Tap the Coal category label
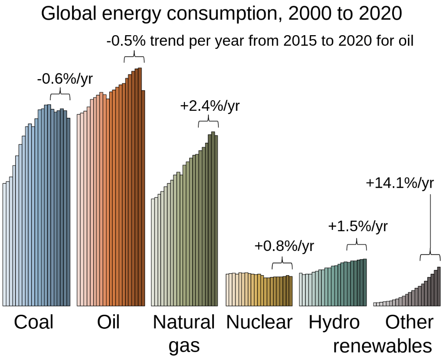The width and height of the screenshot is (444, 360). pos(33,322)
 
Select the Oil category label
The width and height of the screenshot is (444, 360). pos(108,322)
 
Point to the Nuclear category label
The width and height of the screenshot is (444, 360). pos(259,322)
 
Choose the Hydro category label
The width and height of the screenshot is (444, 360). pos(334,322)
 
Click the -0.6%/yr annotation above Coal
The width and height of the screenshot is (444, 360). pos(65,79)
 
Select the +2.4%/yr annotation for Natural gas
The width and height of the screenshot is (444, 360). pos(210,106)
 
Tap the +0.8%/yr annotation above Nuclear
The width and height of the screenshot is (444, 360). pos(284,246)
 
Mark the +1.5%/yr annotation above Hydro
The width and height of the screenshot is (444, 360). pos(357,226)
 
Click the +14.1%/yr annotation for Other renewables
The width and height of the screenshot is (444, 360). pos(400,182)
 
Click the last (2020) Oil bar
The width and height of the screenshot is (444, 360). pos(143,198)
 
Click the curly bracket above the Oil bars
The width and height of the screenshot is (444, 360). pos(133,58)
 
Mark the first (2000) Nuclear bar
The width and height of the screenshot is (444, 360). pos(228,290)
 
